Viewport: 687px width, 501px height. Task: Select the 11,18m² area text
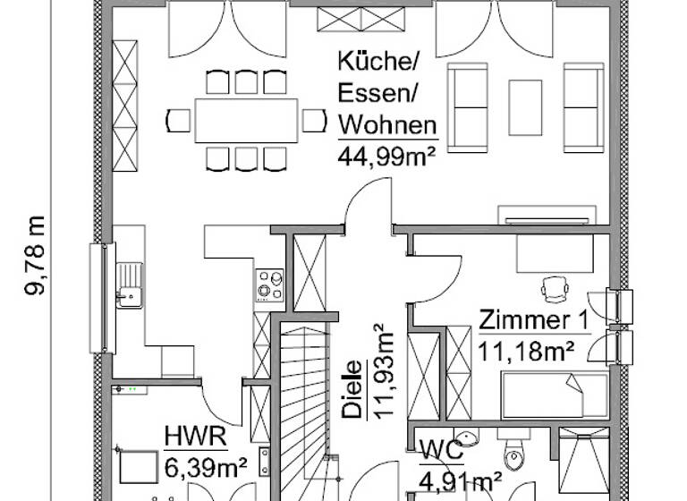coord(525,350)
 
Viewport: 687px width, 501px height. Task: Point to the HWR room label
coord(196,437)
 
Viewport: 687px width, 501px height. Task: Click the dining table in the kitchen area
coord(246,120)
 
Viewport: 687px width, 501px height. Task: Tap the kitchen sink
coord(130,284)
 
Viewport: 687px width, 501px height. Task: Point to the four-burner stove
coord(270,285)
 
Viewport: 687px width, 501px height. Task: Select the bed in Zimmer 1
coord(555,395)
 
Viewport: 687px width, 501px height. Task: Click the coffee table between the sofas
coord(525,106)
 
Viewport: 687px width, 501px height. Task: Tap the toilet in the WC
coord(513,456)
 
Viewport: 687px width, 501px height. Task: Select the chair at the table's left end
coord(179,120)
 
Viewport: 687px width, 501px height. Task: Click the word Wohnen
coord(386,125)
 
